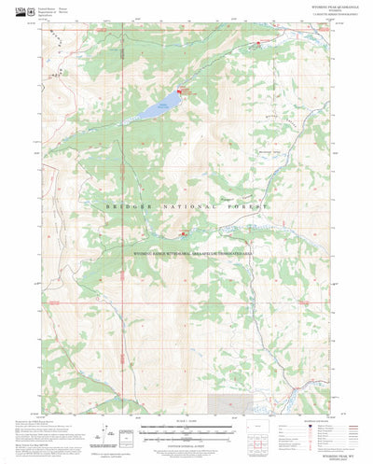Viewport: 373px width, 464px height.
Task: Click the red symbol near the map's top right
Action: pyautogui.click(x=261, y=42)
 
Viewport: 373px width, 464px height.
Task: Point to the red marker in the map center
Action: pyautogui.click(x=184, y=232)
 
